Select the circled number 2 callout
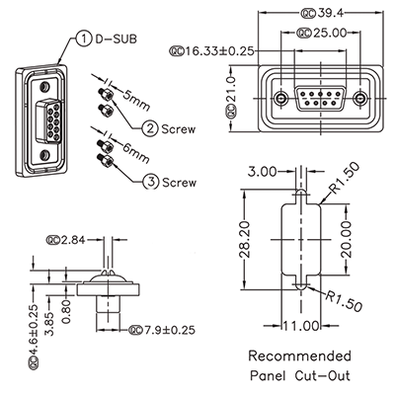149,127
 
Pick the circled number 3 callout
149,181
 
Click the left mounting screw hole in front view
284,99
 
